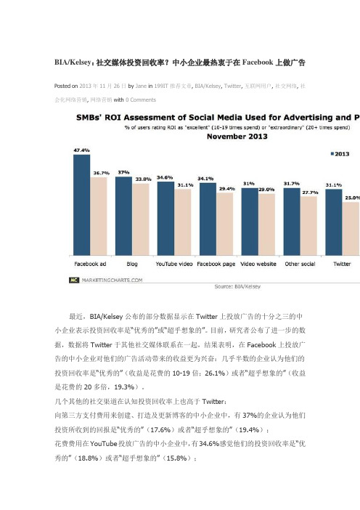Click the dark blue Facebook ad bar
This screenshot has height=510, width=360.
pyautogui.click(x=81, y=205)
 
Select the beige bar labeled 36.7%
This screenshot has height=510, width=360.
pyautogui.click(x=99, y=216)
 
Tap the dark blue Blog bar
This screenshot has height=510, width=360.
pyautogui.click(x=124, y=216)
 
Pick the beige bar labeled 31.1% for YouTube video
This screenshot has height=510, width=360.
pyautogui.click(x=183, y=222)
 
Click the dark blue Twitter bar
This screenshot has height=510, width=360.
pyautogui.click(x=334, y=222)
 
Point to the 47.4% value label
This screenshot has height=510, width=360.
pyautogui.click(x=81, y=150)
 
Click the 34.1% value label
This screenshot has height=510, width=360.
pyautogui.click(x=205, y=179)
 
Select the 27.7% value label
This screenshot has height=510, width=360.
pyautogui.click(x=311, y=193)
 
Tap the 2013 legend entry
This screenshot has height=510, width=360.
pyautogui.click(x=340, y=154)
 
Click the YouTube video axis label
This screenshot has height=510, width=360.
pyautogui.click(x=174, y=264)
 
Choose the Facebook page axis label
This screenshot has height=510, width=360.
pyautogui.click(x=216, y=264)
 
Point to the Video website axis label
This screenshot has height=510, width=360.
pyautogui.click(x=258, y=264)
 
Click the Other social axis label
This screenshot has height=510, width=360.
pyautogui.click(x=300, y=264)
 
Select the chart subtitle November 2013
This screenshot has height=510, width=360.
pyautogui.click(x=237, y=137)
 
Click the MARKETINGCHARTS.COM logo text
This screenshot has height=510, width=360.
pyautogui.click(x=112, y=280)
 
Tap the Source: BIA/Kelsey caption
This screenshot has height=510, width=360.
pyautogui.click(x=237, y=286)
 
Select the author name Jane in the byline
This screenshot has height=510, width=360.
pyautogui.click(x=141, y=86)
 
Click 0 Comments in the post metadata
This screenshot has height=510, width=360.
pyautogui.click(x=141, y=100)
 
